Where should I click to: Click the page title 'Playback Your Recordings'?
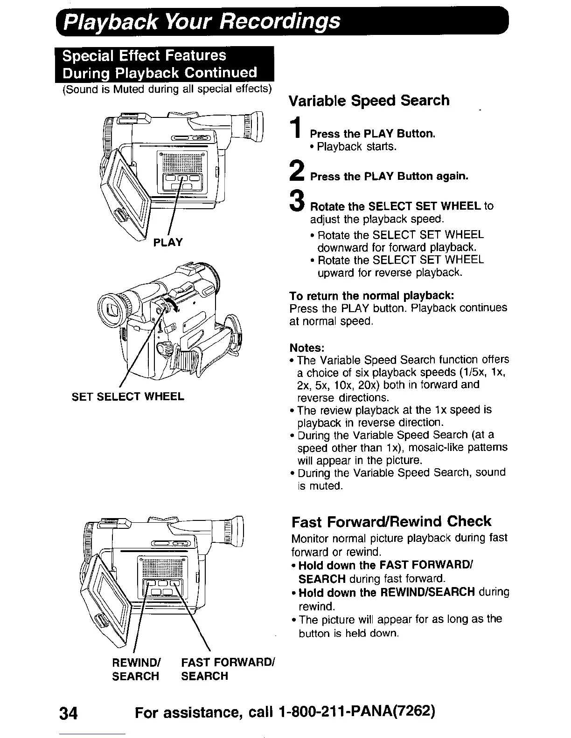(x=202, y=21)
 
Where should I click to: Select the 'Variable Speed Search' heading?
(x=369, y=101)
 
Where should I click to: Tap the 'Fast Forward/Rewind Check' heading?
(x=391, y=521)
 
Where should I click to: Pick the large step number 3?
(x=296, y=202)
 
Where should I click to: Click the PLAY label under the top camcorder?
(x=167, y=242)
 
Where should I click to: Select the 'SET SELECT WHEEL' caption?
(x=128, y=396)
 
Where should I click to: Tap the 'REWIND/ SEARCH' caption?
(x=136, y=669)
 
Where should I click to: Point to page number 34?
(x=70, y=713)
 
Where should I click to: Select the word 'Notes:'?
(x=306, y=348)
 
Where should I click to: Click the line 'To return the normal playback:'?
(x=371, y=296)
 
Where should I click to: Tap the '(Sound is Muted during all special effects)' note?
(x=167, y=89)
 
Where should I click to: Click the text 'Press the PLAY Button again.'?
(x=389, y=177)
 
